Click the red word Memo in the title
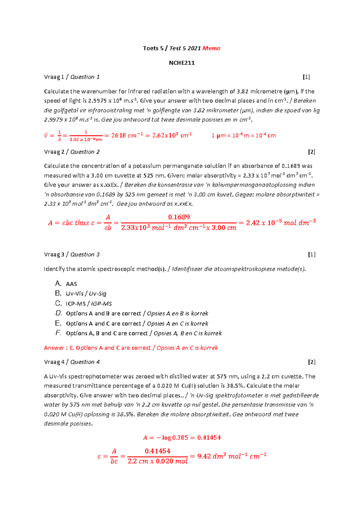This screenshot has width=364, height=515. [211, 48]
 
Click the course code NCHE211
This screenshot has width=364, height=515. [182, 63]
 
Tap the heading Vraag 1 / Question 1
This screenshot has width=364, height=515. [72, 77]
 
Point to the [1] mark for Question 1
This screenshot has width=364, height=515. [306, 77]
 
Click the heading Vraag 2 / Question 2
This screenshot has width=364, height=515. [72, 152]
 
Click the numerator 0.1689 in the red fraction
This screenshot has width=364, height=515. [179, 217]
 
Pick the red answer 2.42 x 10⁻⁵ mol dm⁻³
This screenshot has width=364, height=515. [281, 223]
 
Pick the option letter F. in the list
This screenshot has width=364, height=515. [58, 333]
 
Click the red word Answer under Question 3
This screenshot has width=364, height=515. [54, 348]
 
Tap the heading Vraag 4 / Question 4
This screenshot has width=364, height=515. [72, 362]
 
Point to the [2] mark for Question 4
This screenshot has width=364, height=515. [312, 362]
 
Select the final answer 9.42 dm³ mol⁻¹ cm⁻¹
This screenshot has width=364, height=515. [231, 456]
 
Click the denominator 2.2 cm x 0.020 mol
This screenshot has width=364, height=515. [157, 461]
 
